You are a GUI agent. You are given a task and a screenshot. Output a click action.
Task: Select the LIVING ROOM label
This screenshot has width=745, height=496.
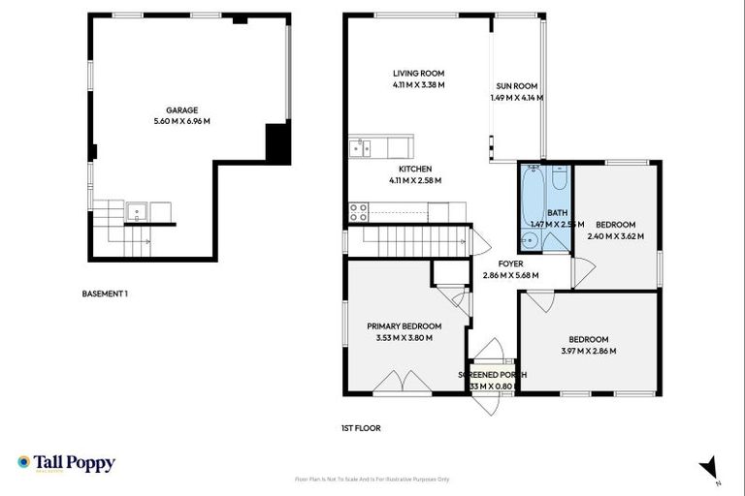pyautogui.click(x=418, y=74)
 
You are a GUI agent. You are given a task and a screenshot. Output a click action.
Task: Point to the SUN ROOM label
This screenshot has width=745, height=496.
pyautogui.click(x=515, y=86)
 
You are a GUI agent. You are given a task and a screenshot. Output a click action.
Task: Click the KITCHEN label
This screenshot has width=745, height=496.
pyautogui.click(x=414, y=169)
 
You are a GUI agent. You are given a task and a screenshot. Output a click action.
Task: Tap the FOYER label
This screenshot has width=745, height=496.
pyautogui.click(x=510, y=263)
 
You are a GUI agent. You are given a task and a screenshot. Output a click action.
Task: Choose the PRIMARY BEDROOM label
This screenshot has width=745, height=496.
pyautogui.click(x=404, y=326)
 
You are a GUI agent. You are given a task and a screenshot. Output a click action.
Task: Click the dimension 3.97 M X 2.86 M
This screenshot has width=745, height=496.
pyautogui.click(x=588, y=351)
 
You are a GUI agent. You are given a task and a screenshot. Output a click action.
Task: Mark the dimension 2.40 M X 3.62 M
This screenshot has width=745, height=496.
pyautogui.click(x=615, y=235)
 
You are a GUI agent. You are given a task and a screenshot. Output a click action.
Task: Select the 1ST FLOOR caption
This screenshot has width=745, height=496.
pyautogui.click(x=360, y=426)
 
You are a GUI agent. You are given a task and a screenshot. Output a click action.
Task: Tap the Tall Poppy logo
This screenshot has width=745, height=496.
pyautogui.click(x=66, y=463)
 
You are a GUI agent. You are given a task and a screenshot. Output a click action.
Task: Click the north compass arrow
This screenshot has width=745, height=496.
pyautogui.click(x=709, y=467)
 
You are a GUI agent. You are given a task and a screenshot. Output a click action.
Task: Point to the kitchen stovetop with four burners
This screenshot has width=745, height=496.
pyautogui.click(x=358, y=210)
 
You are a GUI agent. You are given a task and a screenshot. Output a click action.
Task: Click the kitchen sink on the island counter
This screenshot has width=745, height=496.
pyautogui.click(x=359, y=147)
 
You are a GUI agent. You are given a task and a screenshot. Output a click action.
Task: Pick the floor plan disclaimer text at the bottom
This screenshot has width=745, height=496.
pyautogui.click(x=372, y=479)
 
